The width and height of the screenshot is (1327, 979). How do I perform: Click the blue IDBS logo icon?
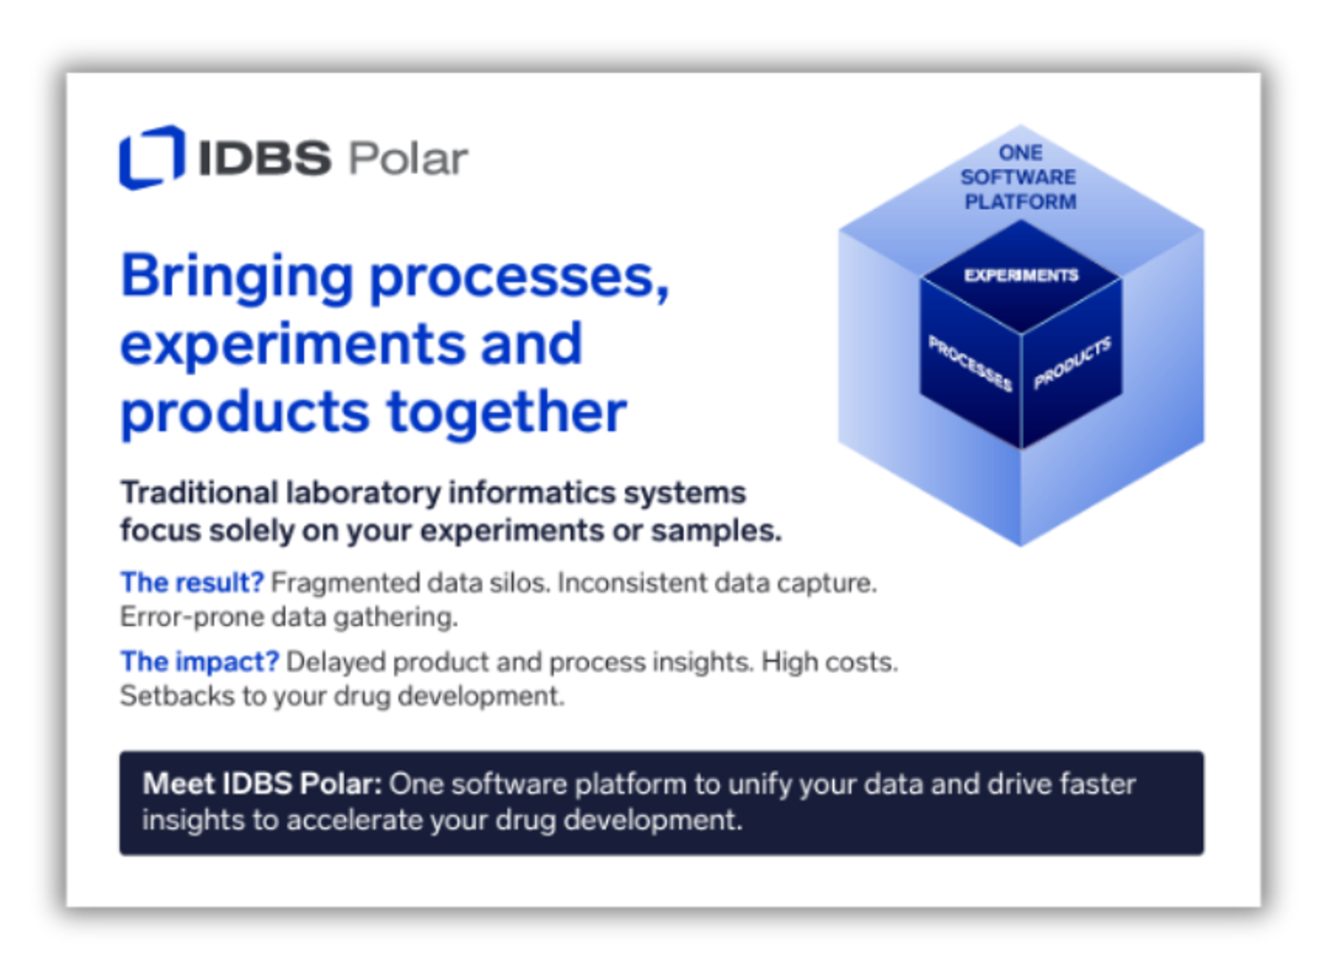pyautogui.click(x=152, y=157)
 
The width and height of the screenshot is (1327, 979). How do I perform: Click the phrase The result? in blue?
pyautogui.click(x=192, y=583)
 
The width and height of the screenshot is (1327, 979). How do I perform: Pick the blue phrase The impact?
pyautogui.click(x=200, y=661)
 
